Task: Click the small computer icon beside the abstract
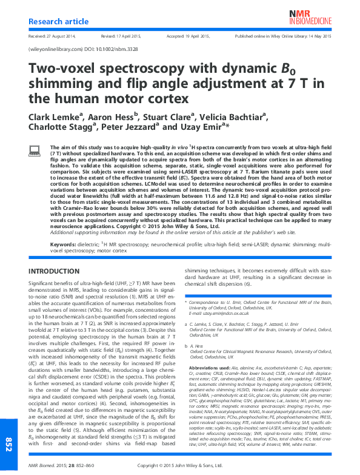coord(34,150)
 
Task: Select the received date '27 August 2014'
coord(62,36)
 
